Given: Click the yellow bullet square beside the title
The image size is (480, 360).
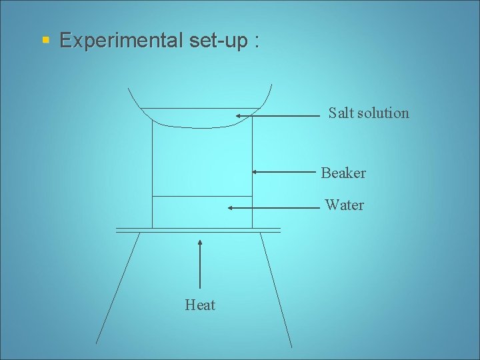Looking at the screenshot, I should click(x=46, y=41).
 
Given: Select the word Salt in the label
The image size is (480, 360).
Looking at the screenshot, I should click(x=341, y=113).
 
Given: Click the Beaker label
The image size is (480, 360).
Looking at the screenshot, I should click(x=343, y=173).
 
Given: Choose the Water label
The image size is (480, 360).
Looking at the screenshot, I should click(x=345, y=205).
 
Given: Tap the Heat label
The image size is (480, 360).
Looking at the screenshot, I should click(x=200, y=305).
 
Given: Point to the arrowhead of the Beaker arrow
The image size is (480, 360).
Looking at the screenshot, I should click(x=255, y=172).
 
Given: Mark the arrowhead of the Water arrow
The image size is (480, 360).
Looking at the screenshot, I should click(x=231, y=208).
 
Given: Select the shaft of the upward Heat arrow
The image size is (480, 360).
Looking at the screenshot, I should click(x=201, y=267).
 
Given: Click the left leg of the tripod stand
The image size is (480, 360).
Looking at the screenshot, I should click(x=119, y=287).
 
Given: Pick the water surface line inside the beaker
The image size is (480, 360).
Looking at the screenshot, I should click(x=202, y=196).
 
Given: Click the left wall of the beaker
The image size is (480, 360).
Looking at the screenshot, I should click(x=153, y=173).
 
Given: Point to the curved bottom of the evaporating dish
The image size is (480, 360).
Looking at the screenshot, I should click(x=200, y=127).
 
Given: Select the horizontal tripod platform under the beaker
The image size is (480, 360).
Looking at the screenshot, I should click(x=198, y=230).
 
